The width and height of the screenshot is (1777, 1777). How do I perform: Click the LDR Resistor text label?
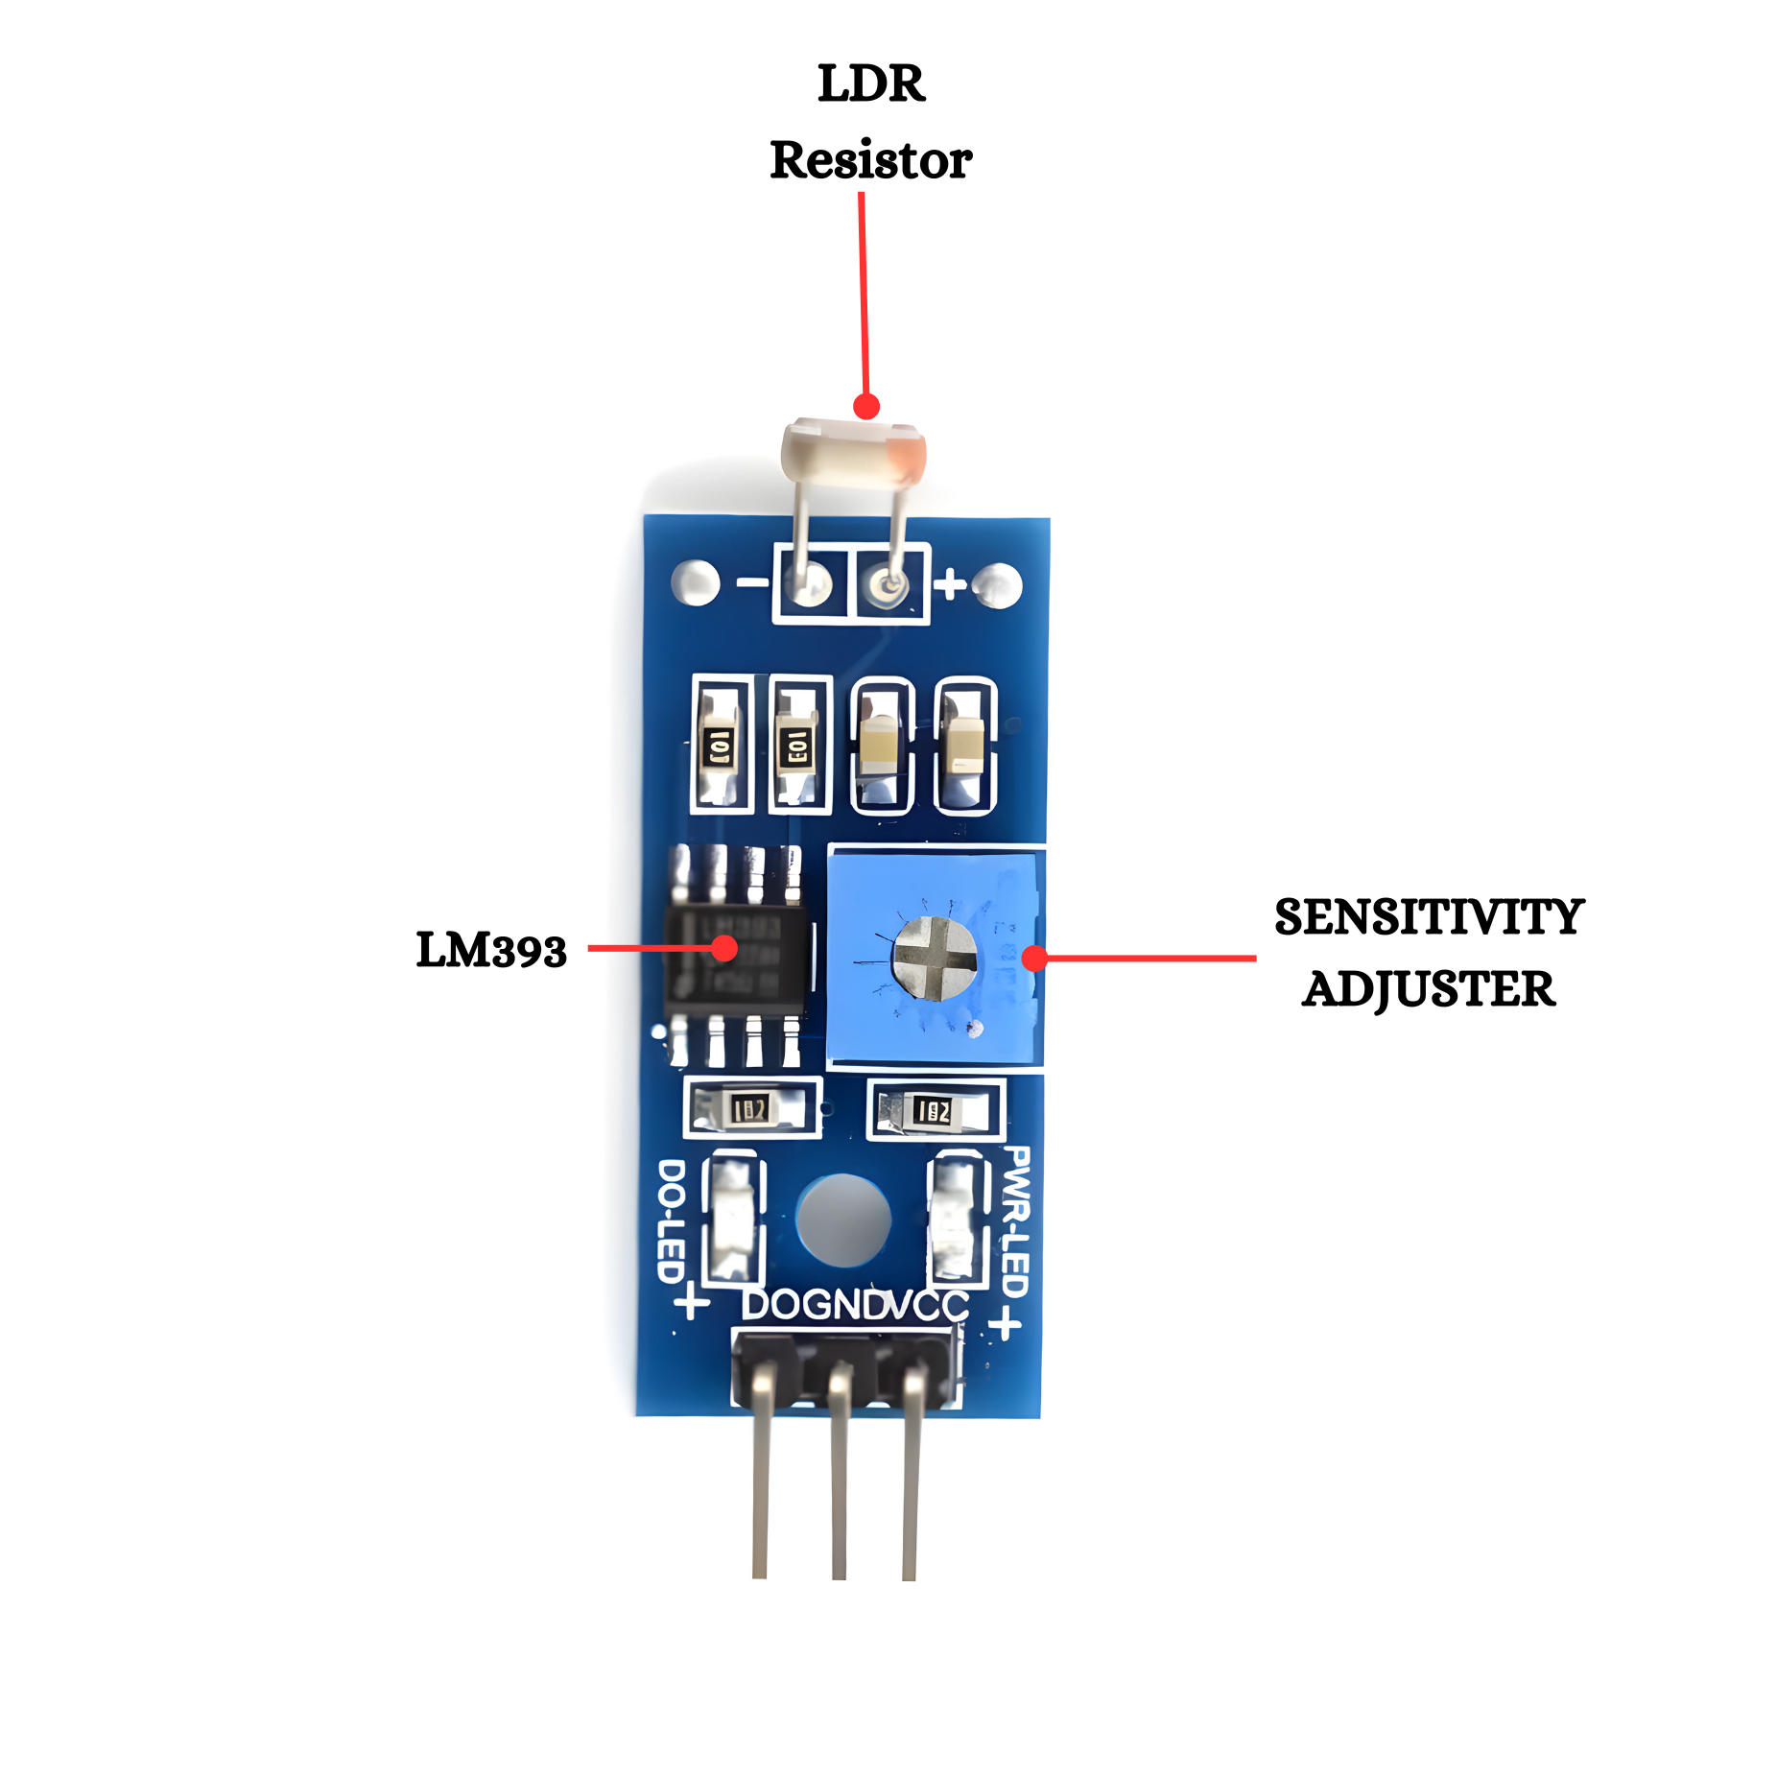[870, 122]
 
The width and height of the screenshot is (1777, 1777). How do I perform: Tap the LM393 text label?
[490, 950]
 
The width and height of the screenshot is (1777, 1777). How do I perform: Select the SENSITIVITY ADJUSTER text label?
[1428, 953]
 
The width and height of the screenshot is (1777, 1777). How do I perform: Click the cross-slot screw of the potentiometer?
[934, 958]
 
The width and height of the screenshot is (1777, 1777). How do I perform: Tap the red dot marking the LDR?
[866, 406]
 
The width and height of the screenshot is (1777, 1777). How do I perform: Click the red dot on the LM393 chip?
[724, 948]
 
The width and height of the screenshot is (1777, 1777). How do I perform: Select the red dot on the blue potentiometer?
[1034, 958]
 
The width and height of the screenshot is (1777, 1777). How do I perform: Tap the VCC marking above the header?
[929, 1305]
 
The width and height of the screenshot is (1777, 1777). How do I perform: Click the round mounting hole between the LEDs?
[843, 1220]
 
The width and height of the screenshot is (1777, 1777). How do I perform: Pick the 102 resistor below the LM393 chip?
[750, 1109]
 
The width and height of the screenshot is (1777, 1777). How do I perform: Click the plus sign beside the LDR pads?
[950, 583]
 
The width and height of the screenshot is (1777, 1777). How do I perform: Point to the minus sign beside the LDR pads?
[752, 582]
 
